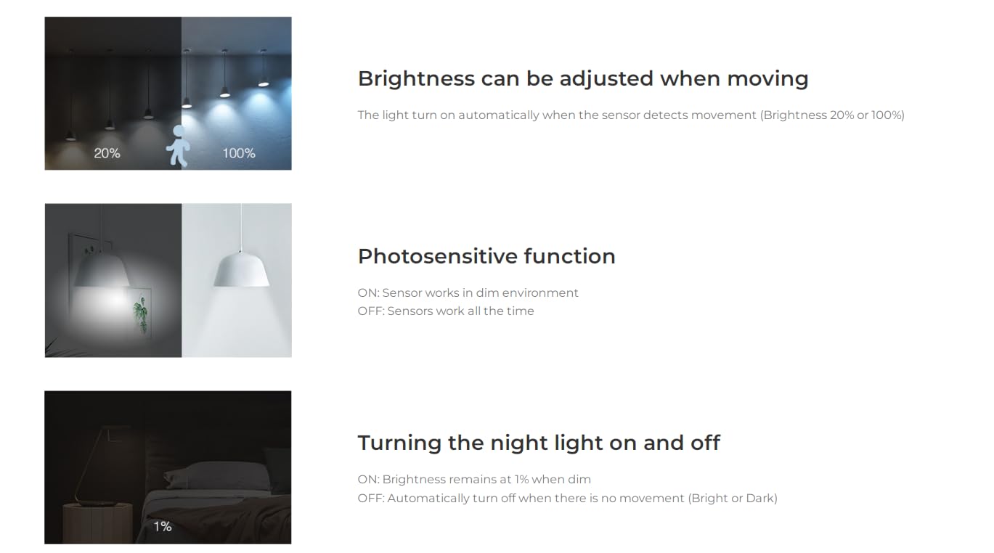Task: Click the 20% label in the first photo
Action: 107,153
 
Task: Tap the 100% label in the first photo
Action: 239,153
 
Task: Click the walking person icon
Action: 179,145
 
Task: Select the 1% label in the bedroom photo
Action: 163,526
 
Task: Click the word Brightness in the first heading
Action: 416,78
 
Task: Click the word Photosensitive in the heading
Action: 438,257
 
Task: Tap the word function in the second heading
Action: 570,256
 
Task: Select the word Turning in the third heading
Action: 399,443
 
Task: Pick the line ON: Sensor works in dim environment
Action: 468,292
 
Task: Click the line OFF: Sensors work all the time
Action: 446,311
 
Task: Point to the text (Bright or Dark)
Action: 733,499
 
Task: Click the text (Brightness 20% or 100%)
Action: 833,115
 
